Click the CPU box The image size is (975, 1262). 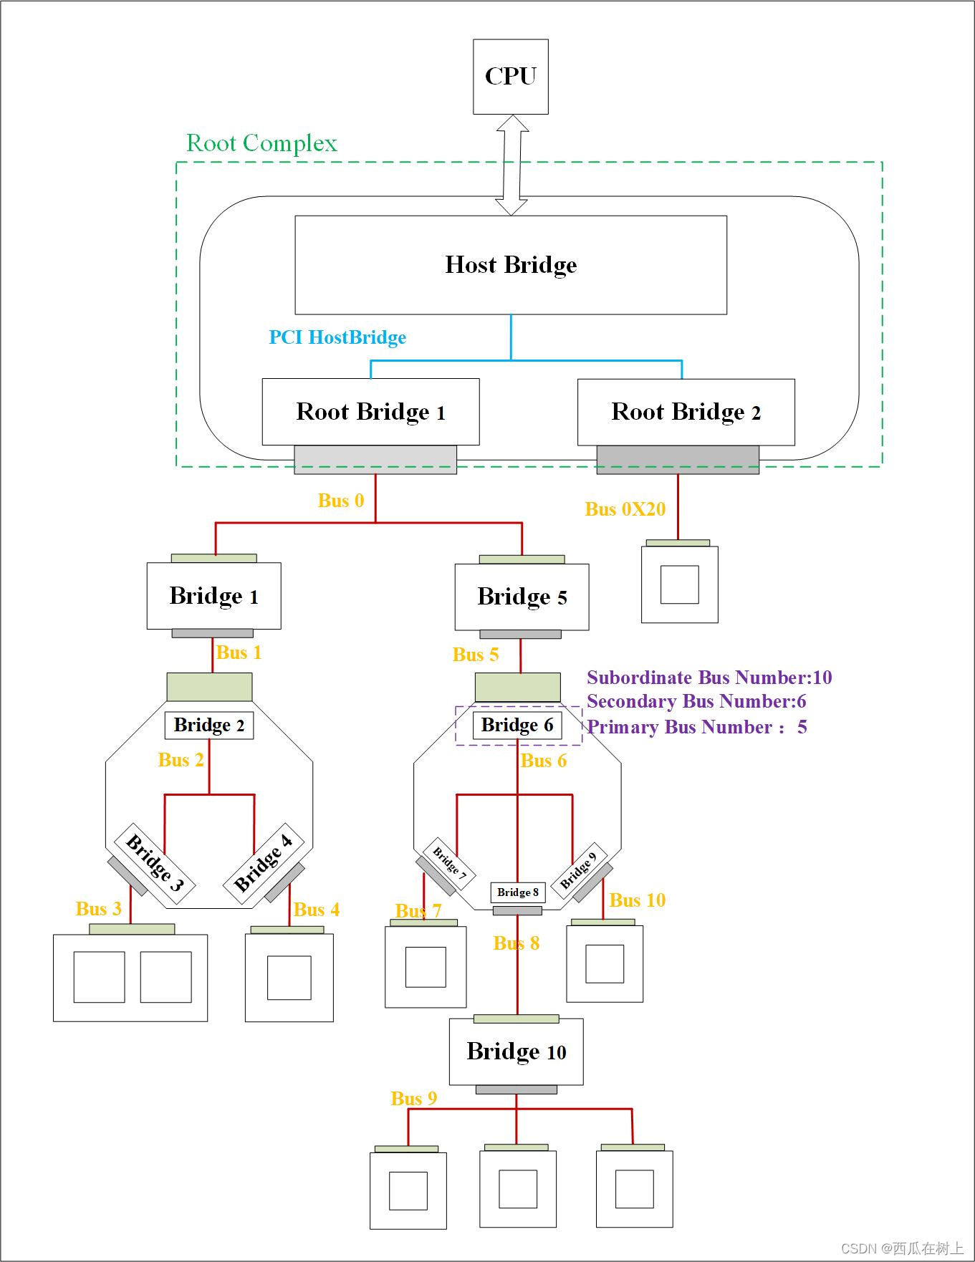[x=511, y=77]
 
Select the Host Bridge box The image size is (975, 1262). [x=511, y=265]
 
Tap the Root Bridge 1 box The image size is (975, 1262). [x=370, y=412]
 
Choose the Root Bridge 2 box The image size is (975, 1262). [x=686, y=412]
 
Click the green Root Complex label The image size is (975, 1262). [x=261, y=143]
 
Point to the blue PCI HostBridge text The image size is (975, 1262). [x=337, y=337]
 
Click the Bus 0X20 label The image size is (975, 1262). [x=625, y=509]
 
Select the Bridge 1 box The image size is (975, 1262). [x=213, y=596]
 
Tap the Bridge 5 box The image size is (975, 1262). [x=522, y=597]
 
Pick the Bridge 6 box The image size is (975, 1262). [x=517, y=726]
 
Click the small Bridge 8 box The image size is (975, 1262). [x=517, y=892]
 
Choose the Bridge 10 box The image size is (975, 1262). [x=516, y=1051]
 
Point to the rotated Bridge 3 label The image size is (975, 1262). [x=155, y=862]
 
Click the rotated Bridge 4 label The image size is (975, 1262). [x=264, y=862]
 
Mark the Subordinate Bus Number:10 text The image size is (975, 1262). [x=709, y=678]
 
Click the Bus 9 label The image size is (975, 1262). [x=413, y=1099]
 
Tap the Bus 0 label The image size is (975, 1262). [x=341, y=501]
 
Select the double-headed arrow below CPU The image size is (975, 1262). [x=511, y=165]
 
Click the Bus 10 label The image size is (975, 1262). [x=638, y=900]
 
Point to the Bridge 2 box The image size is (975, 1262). [x=209, y=726]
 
